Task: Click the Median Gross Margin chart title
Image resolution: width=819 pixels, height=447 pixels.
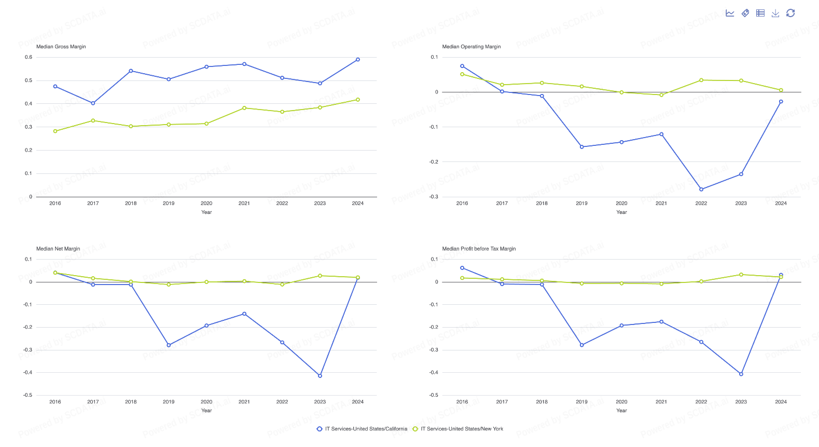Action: click(61, 47)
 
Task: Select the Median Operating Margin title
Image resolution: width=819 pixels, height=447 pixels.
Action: click(471, 47)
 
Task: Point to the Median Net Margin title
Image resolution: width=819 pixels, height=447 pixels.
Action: click(58, 249)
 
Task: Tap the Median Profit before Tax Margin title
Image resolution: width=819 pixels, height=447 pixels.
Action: click(479, 249)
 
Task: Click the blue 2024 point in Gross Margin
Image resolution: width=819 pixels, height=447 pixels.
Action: click(358, 60)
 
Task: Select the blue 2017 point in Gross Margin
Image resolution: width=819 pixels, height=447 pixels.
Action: click(93, 103)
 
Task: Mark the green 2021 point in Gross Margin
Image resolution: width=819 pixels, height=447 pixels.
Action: click(244, 108)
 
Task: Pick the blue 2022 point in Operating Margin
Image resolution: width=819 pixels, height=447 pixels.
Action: click(701, 189)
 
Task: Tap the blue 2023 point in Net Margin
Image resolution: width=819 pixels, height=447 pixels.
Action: click(320, 376)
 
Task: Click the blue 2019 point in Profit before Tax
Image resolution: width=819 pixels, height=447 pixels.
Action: click(581, 345)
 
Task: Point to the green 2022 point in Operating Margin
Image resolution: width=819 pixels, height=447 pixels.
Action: click(701, 80)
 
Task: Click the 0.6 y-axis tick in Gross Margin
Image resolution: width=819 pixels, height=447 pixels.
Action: click(29, 57)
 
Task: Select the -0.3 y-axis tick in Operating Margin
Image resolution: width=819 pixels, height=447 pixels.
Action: click(434, 197)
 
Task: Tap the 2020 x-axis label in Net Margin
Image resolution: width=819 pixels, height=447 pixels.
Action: click(206, 402)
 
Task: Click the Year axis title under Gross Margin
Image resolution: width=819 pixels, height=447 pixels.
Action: click(206, 212)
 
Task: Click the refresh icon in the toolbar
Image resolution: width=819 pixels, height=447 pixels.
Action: click(790, 13)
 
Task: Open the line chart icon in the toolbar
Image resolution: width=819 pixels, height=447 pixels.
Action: click(730, 13)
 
